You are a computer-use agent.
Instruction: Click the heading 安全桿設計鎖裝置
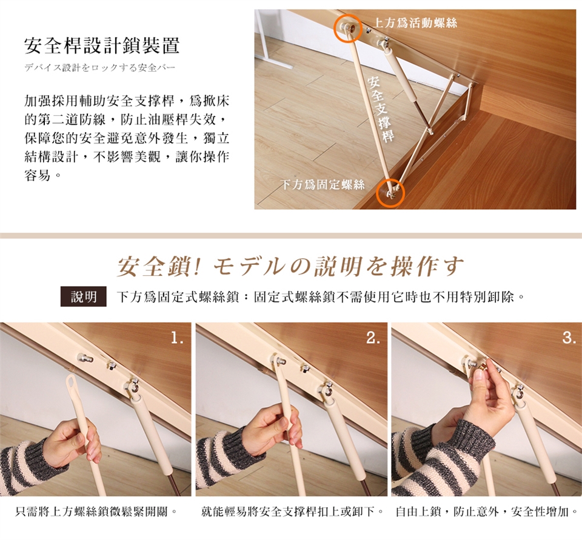click(x=102, y=46)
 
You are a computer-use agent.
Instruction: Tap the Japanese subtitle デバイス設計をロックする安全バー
click(x=99, y=68)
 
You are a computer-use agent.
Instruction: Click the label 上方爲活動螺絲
click(x=415, y=23)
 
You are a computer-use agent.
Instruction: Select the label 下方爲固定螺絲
click(x=323, y=184)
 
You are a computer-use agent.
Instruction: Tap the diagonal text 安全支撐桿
click(x=381, y=108)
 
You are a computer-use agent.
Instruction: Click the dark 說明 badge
click(x=84, y=296)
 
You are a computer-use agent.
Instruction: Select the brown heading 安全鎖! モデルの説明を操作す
click(x=290, y=267)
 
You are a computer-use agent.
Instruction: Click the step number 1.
click(x=178, y=338)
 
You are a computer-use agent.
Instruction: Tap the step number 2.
click(x=373, y=338)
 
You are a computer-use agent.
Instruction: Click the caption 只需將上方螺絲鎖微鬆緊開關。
click(x=96, y=512)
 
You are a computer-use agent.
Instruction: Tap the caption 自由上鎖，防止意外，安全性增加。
click(x=487, y=512)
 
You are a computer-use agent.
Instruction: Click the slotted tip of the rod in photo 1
click(x=72, y=383)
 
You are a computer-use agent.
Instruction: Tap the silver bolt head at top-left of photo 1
click(x=85, y=358)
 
